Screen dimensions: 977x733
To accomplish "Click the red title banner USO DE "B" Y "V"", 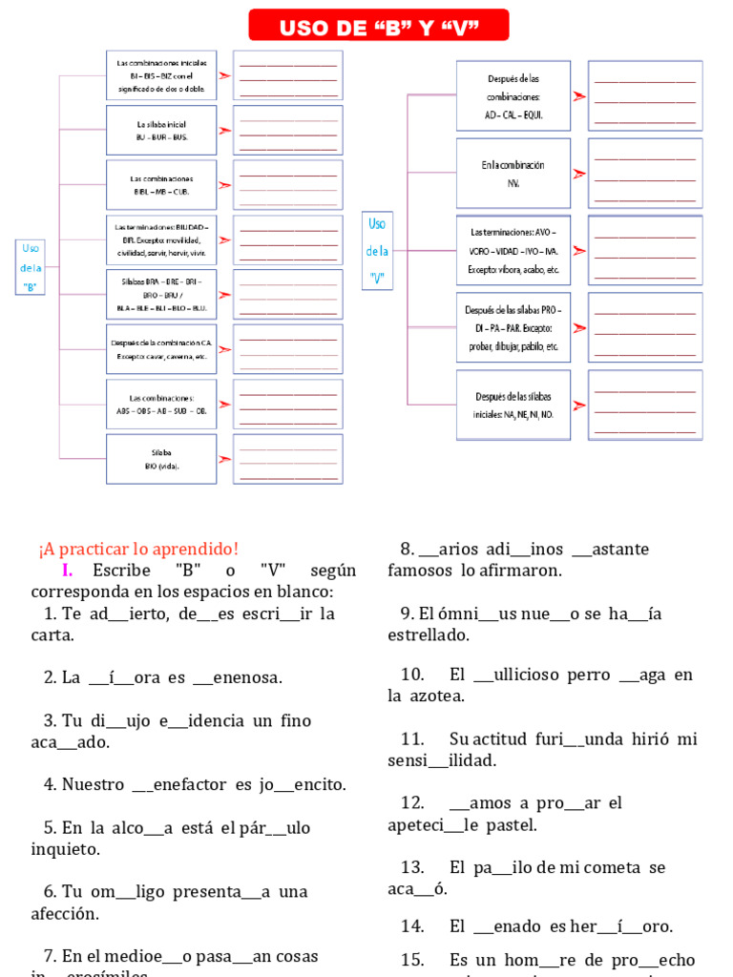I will [378, 26].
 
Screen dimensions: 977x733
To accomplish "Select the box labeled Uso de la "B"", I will [31, 267].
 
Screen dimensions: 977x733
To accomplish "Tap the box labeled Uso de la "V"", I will [377, 251].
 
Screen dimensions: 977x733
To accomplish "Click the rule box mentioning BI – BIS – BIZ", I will [161, 75].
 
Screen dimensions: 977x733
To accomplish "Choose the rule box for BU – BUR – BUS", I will [161, 131].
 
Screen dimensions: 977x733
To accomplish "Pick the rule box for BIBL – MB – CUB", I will [161, 185].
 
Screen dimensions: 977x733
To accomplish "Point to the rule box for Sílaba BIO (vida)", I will [161, 459].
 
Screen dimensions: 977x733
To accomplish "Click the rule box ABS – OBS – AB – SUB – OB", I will [161, 404].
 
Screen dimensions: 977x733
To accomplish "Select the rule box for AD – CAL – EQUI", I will [513, 95].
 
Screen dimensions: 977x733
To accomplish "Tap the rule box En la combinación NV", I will [513, 173].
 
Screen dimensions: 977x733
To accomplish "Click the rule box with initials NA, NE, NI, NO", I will [513, 405].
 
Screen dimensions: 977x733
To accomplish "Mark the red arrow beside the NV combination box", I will [578, 174].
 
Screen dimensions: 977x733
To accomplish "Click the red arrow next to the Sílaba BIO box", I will [224, 459].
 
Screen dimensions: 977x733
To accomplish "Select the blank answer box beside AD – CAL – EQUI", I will [645, 95].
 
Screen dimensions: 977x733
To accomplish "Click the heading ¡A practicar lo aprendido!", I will [138, 549].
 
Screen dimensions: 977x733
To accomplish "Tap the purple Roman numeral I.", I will [67, 571].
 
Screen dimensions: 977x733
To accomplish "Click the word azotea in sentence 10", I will [438, 696].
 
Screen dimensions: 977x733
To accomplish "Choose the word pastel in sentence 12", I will [511, 824].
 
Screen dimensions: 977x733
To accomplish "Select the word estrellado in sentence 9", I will [429, 634].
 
